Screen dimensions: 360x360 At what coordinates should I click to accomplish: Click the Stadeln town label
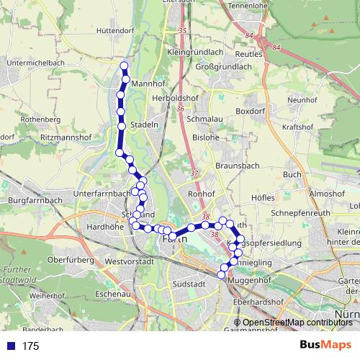[x=144, y=125]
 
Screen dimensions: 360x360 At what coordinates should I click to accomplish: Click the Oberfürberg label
[x=66, y=259]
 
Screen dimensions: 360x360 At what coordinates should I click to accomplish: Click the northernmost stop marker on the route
[x=124, y=66]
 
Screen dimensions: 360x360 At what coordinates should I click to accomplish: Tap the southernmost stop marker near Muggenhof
[x=221, y=274]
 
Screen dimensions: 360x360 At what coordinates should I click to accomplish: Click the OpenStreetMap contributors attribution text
[x=297, y=323]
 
